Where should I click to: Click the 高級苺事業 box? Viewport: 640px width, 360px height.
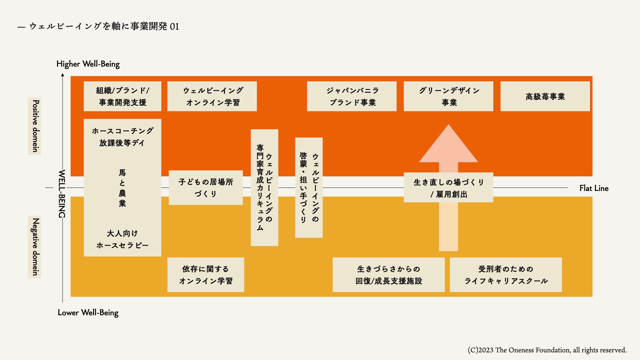coord(545,96)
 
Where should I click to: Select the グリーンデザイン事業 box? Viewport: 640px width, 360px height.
coord(448,96)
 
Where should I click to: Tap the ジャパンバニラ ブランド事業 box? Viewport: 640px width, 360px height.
coord(352,96)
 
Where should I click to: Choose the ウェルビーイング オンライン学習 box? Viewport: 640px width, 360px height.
coord(212,96)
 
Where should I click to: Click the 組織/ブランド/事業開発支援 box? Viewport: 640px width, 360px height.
coord(122,96)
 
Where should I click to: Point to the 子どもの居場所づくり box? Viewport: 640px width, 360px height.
coord(206,188)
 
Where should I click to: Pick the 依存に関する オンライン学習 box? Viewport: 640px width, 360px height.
coord(206,275)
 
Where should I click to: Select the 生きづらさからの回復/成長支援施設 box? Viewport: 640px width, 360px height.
coord(389,275)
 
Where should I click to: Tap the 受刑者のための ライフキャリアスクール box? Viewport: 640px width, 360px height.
coord(506,275)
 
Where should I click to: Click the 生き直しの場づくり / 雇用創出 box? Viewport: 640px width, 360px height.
coord(448,188)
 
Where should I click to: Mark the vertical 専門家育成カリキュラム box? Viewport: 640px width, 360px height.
coord(264,188)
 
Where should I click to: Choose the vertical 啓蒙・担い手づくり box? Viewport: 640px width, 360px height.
coord(309,188)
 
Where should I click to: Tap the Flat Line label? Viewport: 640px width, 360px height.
coord(594,188)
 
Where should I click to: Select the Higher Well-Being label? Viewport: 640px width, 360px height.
coord(88,64)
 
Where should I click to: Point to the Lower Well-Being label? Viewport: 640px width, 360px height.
coord(88,313)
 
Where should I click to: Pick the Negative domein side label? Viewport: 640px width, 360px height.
coord(35,247)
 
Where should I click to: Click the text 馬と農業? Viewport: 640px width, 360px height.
coord(122,188)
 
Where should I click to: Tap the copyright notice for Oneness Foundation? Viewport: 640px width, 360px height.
coord(547,350)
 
